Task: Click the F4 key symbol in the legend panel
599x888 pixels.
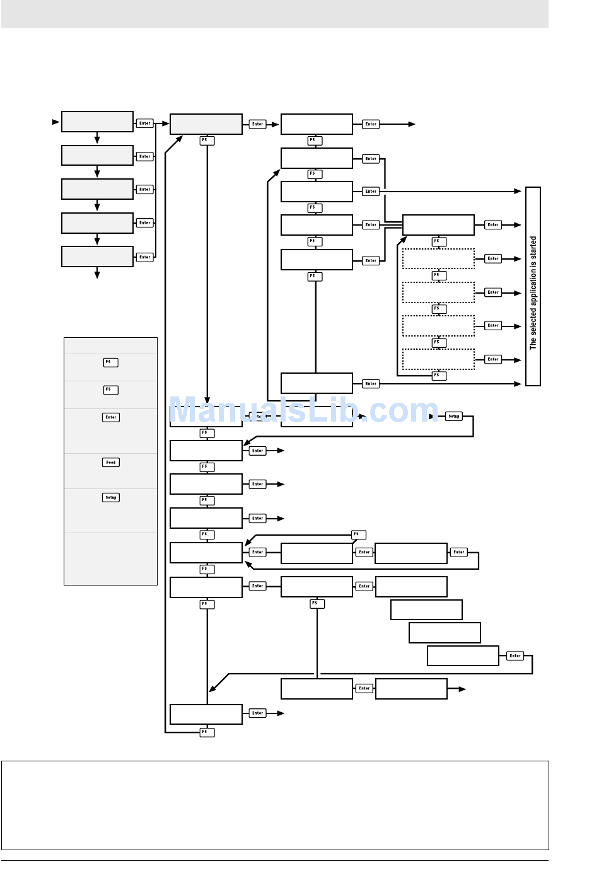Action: (x=110, y=362)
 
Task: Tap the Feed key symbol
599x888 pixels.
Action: (x=111, y=463)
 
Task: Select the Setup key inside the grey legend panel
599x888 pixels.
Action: (x=111, y=497)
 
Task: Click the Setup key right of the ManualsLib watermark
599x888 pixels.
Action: (x=454, y=417)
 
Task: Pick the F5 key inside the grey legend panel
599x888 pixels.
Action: (x=110, y=390)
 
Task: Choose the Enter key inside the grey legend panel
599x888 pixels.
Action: (x=111, y=417)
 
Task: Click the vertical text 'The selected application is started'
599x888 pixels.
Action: (x=533, y=292)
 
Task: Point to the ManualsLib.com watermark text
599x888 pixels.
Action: (x=303, y=411)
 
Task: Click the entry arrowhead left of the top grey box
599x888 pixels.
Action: (x=56, y=122)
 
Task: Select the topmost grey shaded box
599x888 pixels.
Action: (x=97, y=122)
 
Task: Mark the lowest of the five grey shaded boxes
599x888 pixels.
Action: (x=97, y=257)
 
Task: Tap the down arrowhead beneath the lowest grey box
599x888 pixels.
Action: (x=97, y=274)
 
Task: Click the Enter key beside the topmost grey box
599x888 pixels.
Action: (x=145, y=124)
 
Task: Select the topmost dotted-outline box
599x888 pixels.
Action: (x=438, y=258)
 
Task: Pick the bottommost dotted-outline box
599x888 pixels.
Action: (x=438, y=359)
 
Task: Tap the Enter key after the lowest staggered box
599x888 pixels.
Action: (x=515, y=656)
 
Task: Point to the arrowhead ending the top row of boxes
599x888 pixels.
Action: (x=412, y=124)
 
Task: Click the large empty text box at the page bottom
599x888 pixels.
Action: (x=275, y=805)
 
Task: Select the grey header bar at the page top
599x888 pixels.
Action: (x=275, y=13)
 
